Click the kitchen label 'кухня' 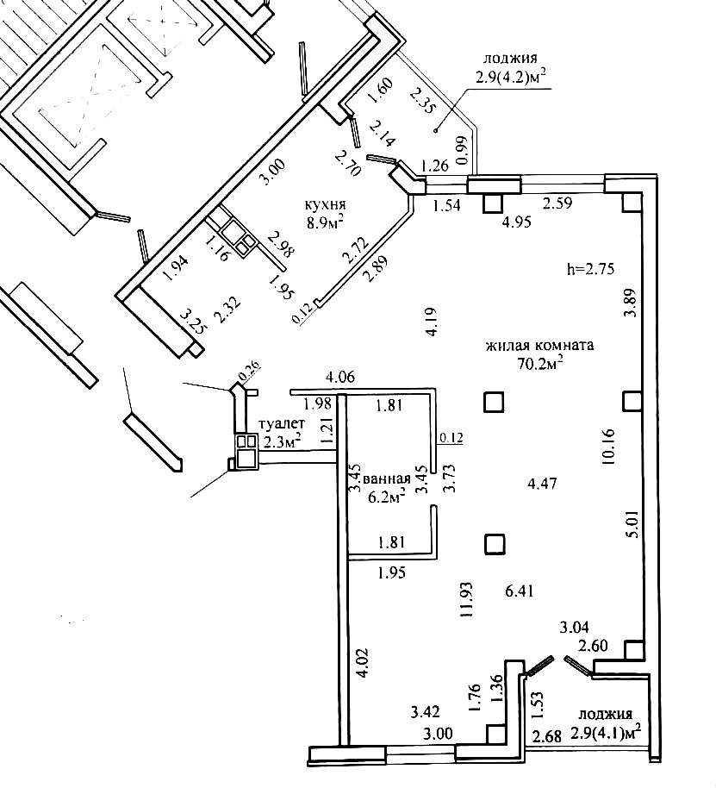326,205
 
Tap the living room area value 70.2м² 540,363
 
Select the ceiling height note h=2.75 590,269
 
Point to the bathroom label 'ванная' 390,478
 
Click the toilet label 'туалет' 281,424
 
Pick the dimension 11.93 467,599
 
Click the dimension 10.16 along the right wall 608,447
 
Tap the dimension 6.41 520,591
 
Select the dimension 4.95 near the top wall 517,222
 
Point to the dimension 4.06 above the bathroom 340,377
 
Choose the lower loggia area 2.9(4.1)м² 606,733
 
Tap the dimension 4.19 433,321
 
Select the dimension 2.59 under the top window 557,203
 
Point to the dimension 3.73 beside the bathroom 450,478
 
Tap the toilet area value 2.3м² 283,441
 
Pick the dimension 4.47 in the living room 543,484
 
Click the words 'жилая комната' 539,346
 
